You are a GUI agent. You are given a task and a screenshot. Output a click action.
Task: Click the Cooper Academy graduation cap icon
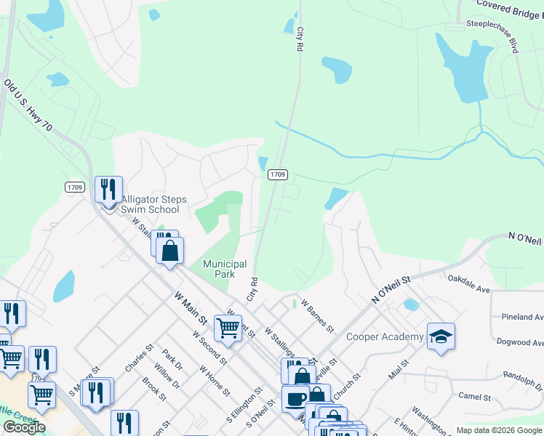coord(441,336)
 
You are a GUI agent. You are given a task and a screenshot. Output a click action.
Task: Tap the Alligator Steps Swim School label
coord(153,205)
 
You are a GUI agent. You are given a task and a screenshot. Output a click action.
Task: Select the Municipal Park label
coord(224,270)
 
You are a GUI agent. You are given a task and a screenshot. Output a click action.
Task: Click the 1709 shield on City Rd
coord(278,174)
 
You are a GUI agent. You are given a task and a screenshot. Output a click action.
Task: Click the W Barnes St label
coord(317,315)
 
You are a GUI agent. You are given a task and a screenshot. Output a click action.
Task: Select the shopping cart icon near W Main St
coord(228,328)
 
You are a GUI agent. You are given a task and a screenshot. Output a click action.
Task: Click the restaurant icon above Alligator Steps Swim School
coord(108,190)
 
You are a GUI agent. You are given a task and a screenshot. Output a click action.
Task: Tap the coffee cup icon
coord(295,399)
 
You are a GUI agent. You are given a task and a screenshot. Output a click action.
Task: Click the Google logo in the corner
coord(23,427)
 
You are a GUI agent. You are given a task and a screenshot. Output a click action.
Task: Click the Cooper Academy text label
coord(385,336)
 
